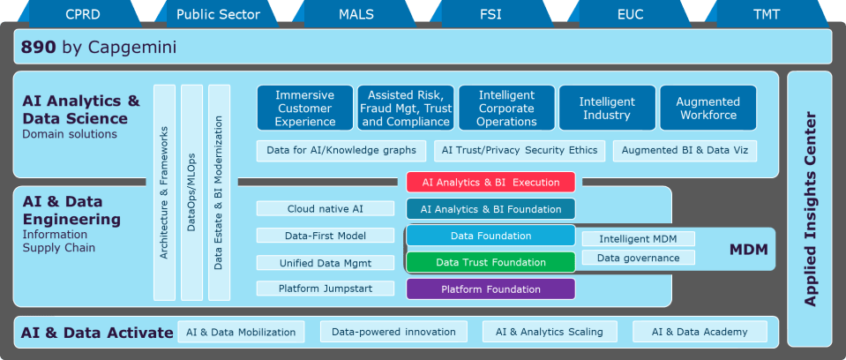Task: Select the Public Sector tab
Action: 218,14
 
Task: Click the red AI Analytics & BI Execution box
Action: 490,183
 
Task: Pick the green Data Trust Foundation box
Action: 490,262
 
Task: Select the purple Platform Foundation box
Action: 490,289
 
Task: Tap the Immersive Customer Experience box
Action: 305,108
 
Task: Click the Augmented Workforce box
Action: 707,108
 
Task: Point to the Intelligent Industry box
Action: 607,108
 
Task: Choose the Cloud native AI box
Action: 326,209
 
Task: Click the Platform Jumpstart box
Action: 326,289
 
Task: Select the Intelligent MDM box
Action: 638,239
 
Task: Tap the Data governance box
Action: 638,258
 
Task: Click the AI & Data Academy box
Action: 700,332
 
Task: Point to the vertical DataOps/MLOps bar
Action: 191,192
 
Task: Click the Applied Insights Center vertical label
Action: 810,209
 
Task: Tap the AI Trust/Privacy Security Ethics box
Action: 519,151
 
